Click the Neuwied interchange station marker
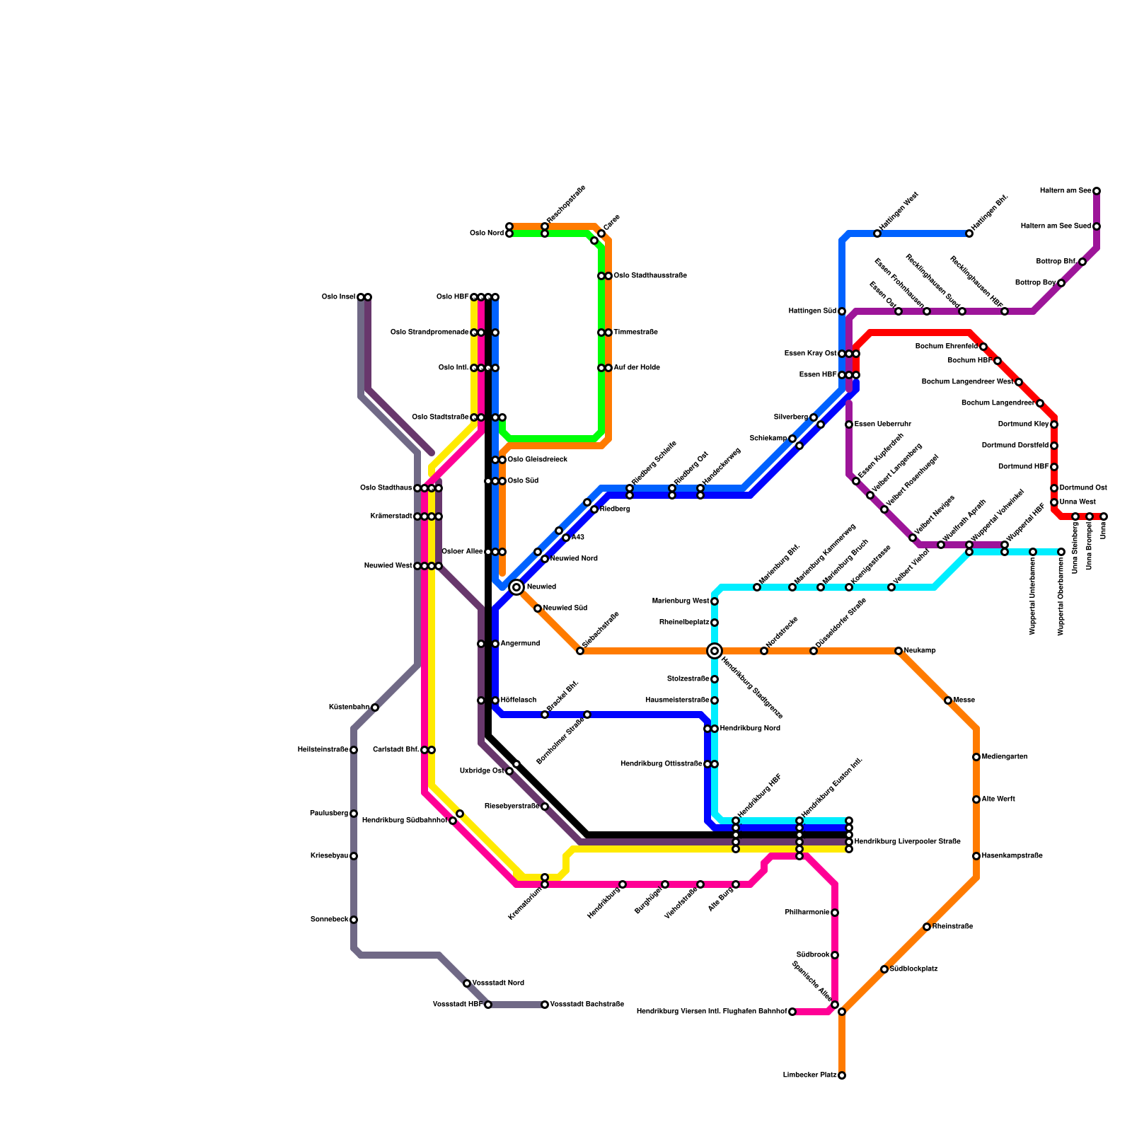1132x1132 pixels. (516, 587)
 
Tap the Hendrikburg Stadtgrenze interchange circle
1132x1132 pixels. (715, 651)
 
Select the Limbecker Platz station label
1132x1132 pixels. (809, 1075)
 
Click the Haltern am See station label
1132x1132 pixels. (1065, 191)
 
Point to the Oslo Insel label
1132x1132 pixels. (338, 297)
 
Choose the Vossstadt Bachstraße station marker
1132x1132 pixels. (545, 1005)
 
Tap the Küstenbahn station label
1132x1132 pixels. (349, 707)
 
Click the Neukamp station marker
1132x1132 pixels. (899, 651)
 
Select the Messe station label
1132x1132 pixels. (964, 700)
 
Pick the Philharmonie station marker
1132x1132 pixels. (835, 913)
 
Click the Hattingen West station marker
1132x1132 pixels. (877, 233)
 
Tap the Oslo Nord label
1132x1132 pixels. (486, 233)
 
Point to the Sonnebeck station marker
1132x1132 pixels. (354, 920)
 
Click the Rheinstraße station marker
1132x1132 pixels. (927, 927)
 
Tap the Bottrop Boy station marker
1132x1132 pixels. (1061, 283)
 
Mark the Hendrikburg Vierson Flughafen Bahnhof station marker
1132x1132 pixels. (792, 1012)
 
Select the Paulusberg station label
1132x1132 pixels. (329, 814)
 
